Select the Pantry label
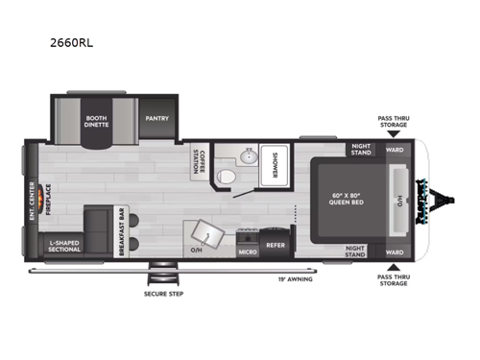[156, 119]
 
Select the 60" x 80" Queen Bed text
[341, 201]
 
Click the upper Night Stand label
[361, 150]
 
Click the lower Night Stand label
[361, 252]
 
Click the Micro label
[247, 252]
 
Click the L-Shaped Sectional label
[63, 248]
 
